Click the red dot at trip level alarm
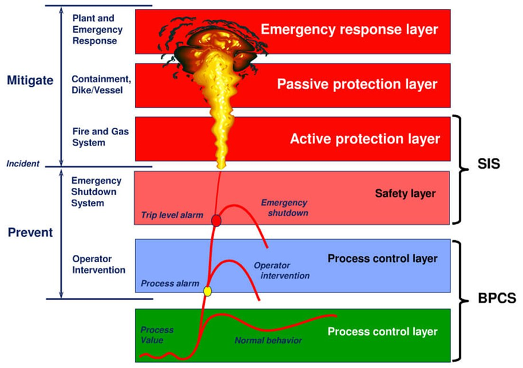pos(217,221)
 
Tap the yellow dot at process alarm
pos(208,291)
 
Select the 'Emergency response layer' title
pos(350,29)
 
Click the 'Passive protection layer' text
pos(357,84)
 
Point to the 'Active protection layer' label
pos(364,139)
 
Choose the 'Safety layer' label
pos(405,193)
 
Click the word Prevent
pos(30,232)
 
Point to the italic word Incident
pos(22,163)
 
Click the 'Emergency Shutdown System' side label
pos(96,192)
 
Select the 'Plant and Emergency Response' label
pos(97,30)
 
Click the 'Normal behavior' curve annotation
pos(268,341)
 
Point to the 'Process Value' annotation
pos(157,335)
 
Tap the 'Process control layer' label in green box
pos(382,332)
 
